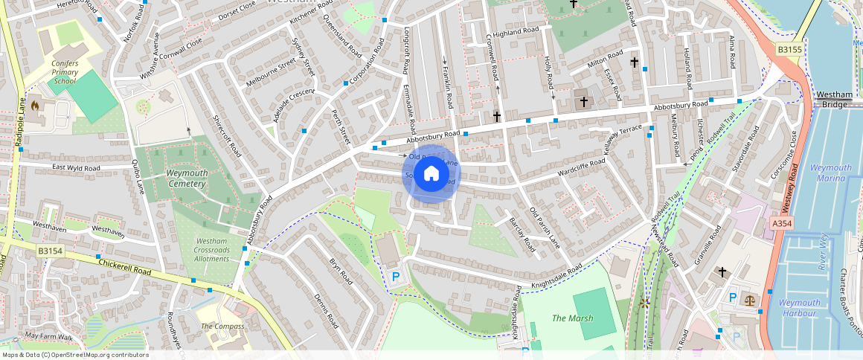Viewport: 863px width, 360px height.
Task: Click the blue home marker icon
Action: click(x=431, y=174)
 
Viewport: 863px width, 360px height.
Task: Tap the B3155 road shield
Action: click(x=789, y=49)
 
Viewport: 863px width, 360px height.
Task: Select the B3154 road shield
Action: click(x=50, y=252)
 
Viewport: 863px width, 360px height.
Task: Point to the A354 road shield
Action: click(x=781, y=223)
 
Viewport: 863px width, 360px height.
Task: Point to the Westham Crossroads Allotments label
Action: click(x=211, y=249)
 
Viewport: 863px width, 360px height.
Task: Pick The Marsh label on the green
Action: click(x=573, y=318)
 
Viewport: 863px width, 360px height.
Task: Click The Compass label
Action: click(x=222, y=326)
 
